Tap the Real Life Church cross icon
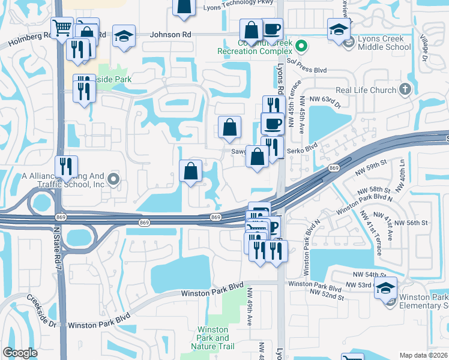406,89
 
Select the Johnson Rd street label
170,35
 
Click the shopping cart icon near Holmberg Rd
61,28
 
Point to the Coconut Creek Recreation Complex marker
303,46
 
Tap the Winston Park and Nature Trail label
212,338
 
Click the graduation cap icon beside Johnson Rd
124,36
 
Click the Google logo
20,353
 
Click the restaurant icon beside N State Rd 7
66,167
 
